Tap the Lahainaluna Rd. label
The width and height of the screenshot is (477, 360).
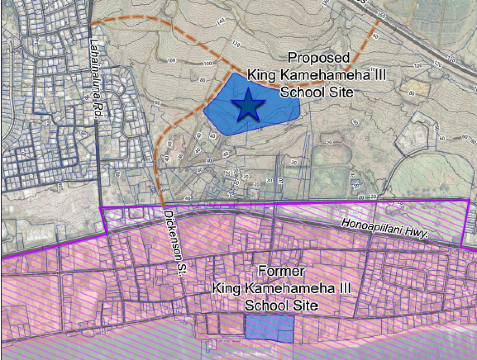tap(96, 79)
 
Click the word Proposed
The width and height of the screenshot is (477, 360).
tap(318, 58)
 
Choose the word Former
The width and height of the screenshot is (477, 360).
tap(281, 270)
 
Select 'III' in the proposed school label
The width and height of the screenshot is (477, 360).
tap(377, 75)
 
